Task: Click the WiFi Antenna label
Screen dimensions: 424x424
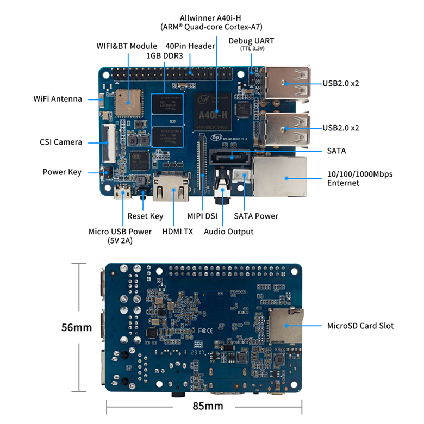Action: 58,99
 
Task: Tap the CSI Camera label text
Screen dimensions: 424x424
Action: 61,142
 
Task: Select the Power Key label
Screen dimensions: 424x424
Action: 62,172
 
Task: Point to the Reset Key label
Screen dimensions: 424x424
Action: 145,216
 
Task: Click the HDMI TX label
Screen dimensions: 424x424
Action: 178,232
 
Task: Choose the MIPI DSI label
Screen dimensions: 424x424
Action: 202,216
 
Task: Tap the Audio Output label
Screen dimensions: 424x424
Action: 229,232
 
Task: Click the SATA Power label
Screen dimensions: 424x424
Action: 256,216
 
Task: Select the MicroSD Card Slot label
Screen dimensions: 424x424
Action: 360,326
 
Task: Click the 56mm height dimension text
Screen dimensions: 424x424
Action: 77,327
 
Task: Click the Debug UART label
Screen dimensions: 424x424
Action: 251,41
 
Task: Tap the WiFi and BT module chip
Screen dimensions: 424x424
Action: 128,101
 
